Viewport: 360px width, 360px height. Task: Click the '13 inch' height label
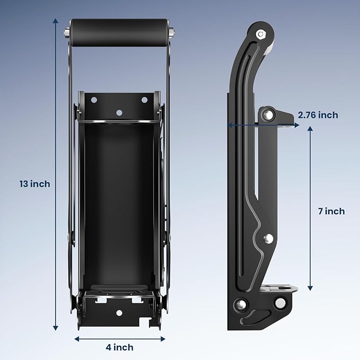34,184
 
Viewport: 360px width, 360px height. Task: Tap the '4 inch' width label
119,347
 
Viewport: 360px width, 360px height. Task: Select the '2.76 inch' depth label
318,115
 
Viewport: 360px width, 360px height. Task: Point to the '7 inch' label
331,211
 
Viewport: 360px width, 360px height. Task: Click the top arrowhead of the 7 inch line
310,129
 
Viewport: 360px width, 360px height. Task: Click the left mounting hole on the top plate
94,100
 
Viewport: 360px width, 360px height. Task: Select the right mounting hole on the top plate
144,100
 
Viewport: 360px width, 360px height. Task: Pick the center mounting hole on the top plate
119,112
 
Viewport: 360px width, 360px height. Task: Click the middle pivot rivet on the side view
268,238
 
